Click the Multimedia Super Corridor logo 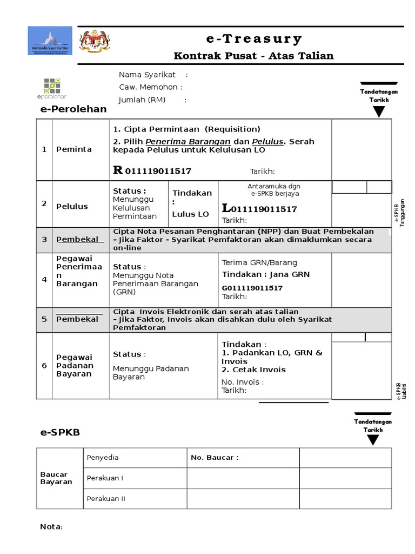[49, 41]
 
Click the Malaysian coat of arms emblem [95, 41]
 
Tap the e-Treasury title [254, 39]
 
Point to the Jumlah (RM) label [142, 100]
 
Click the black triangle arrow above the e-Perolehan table [379, 112]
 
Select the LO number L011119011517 [259, 209]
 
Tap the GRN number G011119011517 [252, 288]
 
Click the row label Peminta [74, 149]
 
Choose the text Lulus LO [190, 214]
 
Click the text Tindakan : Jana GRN [266, 274]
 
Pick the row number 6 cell [44, 366]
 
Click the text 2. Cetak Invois [253, 370]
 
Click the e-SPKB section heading [60, 433]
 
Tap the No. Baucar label [214, 458]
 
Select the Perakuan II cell [106, 499]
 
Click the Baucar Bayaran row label [56, 478]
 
